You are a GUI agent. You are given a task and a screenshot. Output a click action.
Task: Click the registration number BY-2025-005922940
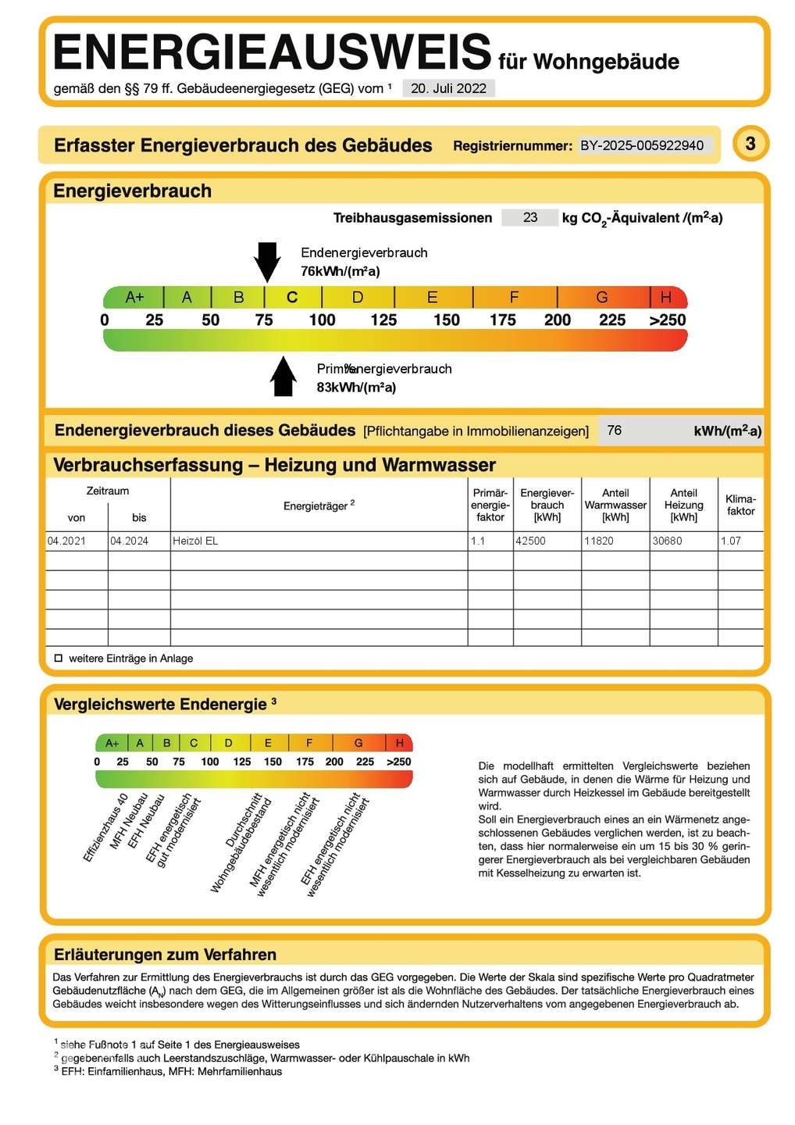(x=642, y=145)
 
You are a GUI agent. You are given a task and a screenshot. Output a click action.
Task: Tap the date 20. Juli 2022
(x=448, y=88)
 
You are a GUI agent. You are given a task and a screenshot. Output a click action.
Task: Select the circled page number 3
(x=750, y=144)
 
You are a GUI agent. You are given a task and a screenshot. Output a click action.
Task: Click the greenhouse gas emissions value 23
(x=530, y=218)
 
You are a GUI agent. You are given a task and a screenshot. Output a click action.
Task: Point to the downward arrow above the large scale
(x=267, y=261)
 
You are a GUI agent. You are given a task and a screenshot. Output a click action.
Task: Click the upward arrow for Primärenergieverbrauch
(x=283, y=377)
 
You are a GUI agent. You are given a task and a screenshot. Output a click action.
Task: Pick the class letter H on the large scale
(x=666, y=298)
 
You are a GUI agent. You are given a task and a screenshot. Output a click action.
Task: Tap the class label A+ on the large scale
(x=134, y=298)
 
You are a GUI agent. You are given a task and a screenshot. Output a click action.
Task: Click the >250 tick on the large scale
(x=667, y=320)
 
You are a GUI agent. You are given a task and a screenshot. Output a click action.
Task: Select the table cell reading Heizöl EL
(x=195, y=541)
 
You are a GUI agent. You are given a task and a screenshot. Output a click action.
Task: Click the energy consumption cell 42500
(x=530, y=541)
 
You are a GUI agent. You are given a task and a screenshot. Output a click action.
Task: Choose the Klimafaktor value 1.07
(x=731, y=541)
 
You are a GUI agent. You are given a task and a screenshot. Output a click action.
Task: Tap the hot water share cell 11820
(x=599, y=541)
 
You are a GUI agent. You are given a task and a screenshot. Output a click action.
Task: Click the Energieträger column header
(x=319, y=505)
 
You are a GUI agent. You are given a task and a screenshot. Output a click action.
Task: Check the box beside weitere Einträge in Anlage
(x=59, y=659)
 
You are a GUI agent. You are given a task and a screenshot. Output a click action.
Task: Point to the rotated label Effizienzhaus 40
(x=105, y=828)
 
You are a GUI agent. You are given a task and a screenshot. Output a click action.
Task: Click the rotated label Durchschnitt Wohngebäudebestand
(x=241, y=844)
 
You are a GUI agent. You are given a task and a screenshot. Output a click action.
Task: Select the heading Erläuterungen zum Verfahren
(x=165, y=955)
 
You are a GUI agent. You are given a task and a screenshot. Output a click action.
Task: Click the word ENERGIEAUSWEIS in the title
(x=272, y=53)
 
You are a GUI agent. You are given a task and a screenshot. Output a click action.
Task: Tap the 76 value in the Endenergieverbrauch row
(x=615, y=430)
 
